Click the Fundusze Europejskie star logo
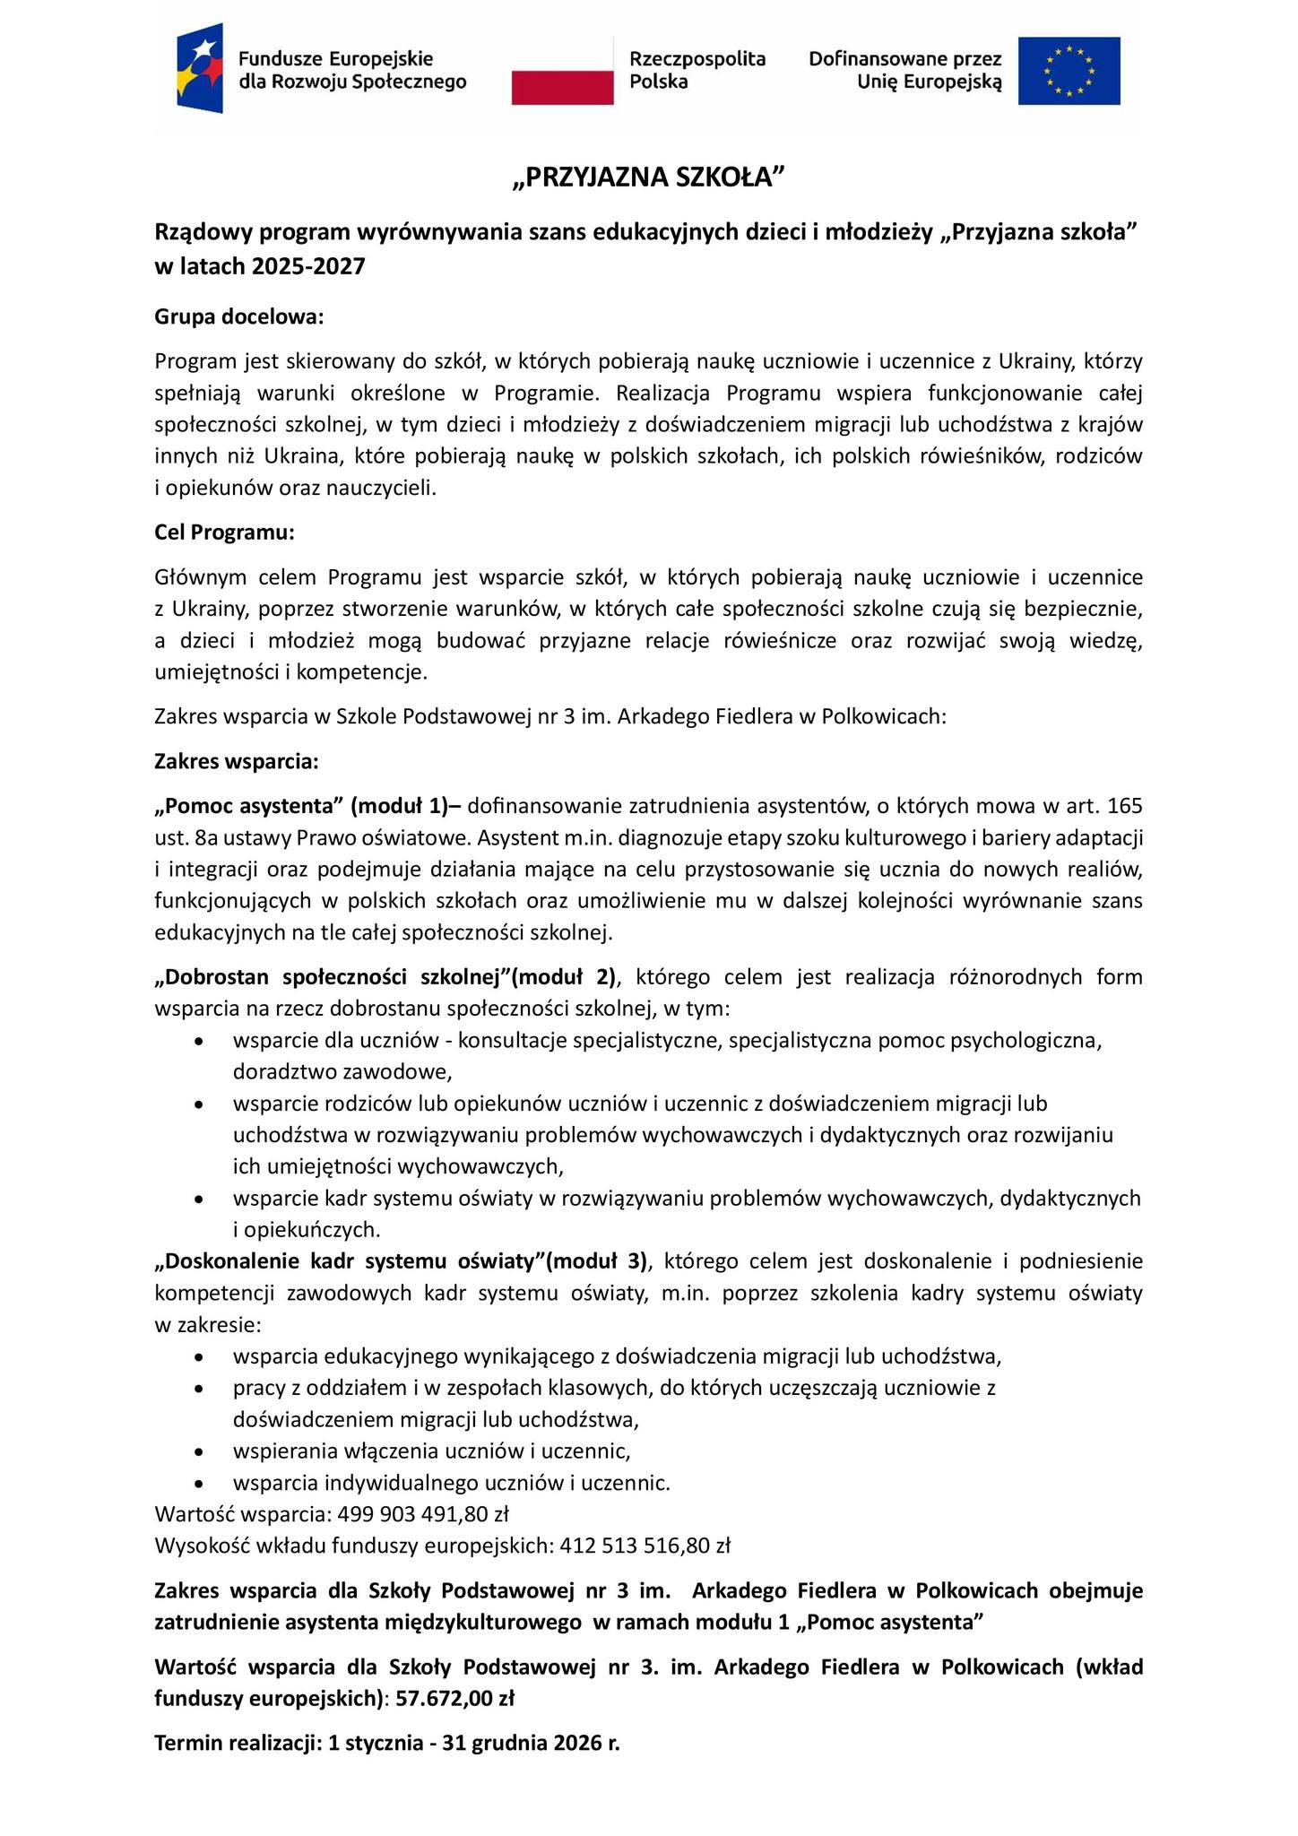click(200, 70)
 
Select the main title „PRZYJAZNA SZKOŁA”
click(648, 178)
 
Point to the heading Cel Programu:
click(224, 532)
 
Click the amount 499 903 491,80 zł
click(423, 1514)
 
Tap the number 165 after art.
click(1125, 805)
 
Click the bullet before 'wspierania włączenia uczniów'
click(199, 1451)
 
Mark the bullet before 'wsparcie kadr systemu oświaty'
click(199, 1199)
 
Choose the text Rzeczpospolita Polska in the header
click(697, 70)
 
